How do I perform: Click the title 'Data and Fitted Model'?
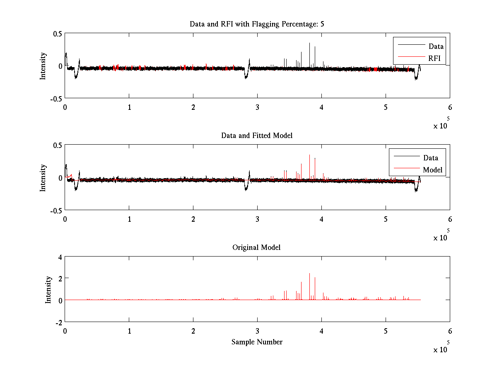click(257, 136)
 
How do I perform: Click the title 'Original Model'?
click(256, 247)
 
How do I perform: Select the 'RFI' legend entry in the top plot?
click(434, 58)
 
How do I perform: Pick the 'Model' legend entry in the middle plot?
click(432, 170)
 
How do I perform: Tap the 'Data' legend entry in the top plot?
click(436, 46)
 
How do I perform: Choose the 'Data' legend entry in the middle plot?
click(430, 157)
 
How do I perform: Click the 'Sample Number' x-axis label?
click(257, 342)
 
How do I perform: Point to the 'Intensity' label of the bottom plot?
click(48, 289)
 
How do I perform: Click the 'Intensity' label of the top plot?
click(43, 66)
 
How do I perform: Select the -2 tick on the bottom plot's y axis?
click(58, 322)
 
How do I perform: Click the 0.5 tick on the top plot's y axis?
click(57, 34)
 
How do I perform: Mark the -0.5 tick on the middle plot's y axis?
click(56, 210)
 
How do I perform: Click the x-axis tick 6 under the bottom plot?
click(450, 331)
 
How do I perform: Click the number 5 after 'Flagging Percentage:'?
click(322, 24)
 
